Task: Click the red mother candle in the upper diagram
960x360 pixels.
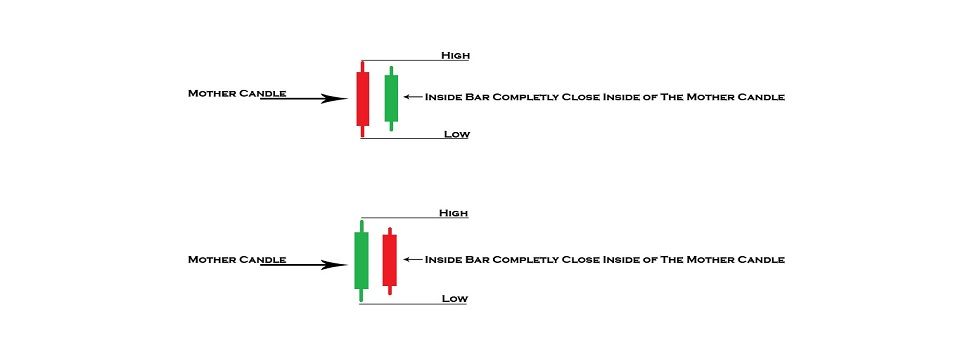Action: (362, 98)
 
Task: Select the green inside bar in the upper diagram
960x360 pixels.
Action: (391, 98)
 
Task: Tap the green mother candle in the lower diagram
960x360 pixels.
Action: (361, 260)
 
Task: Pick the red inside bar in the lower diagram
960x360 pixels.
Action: (389, 260)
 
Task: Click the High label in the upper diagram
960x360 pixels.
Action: (455, 54)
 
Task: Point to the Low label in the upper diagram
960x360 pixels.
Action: (456, 134)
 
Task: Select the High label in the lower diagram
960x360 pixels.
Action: (453, 213)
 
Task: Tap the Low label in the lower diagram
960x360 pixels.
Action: (455, 299)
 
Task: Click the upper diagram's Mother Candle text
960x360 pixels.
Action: (237, 93)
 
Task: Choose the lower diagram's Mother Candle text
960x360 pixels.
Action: (237, 259)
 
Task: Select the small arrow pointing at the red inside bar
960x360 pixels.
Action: (412, 259)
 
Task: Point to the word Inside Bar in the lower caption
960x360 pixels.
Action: (456, 259)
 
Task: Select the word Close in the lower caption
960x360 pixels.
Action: (587, 259)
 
